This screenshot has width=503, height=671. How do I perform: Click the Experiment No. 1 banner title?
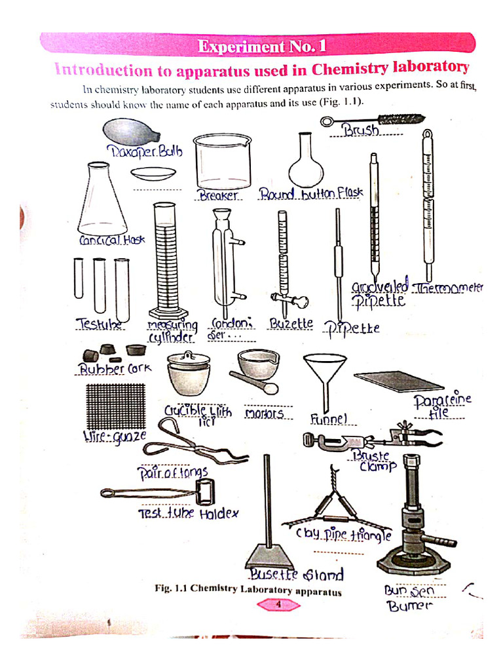[261, 47]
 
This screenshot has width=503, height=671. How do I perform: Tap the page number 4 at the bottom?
[278, 605]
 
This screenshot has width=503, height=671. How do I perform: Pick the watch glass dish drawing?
[153, 174]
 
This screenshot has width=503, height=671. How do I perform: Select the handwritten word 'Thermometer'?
[449, 288]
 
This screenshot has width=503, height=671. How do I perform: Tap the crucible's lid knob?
[189, 355]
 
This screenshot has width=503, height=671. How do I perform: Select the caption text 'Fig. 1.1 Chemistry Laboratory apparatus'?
[248, 589]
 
